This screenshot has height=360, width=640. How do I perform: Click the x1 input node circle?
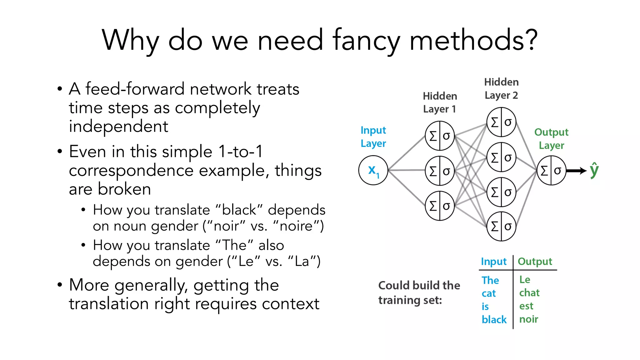click(x=373, y=170)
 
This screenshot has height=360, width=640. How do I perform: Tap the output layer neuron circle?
click(x=551, y=171)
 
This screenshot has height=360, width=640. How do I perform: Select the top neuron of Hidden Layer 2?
click(x=501, y=122)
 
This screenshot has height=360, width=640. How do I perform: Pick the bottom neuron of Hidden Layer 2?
click(x=501, y=226)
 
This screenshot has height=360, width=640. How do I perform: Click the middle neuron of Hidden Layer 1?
click(x=440, y=171)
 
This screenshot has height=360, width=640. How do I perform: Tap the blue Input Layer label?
click(x=373, y=137)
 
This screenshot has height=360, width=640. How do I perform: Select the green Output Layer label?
click(x=551, y=139)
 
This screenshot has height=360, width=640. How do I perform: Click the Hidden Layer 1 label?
click(x=440, y=102)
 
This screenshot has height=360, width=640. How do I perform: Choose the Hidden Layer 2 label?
click(x=501, y=88)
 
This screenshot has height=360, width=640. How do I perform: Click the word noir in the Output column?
click(x=528, y=319)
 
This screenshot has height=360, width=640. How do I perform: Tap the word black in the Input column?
click(x=494, y=319)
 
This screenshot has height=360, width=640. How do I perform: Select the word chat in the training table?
click(x=529, y=293)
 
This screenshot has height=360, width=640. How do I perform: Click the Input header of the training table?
click(x=493, y=261)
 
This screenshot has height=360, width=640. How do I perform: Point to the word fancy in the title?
click(x=366, y=41)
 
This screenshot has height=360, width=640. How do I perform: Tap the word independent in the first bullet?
click(x=118, y=127)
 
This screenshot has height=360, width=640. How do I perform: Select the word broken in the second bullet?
click(x=124, y=189)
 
